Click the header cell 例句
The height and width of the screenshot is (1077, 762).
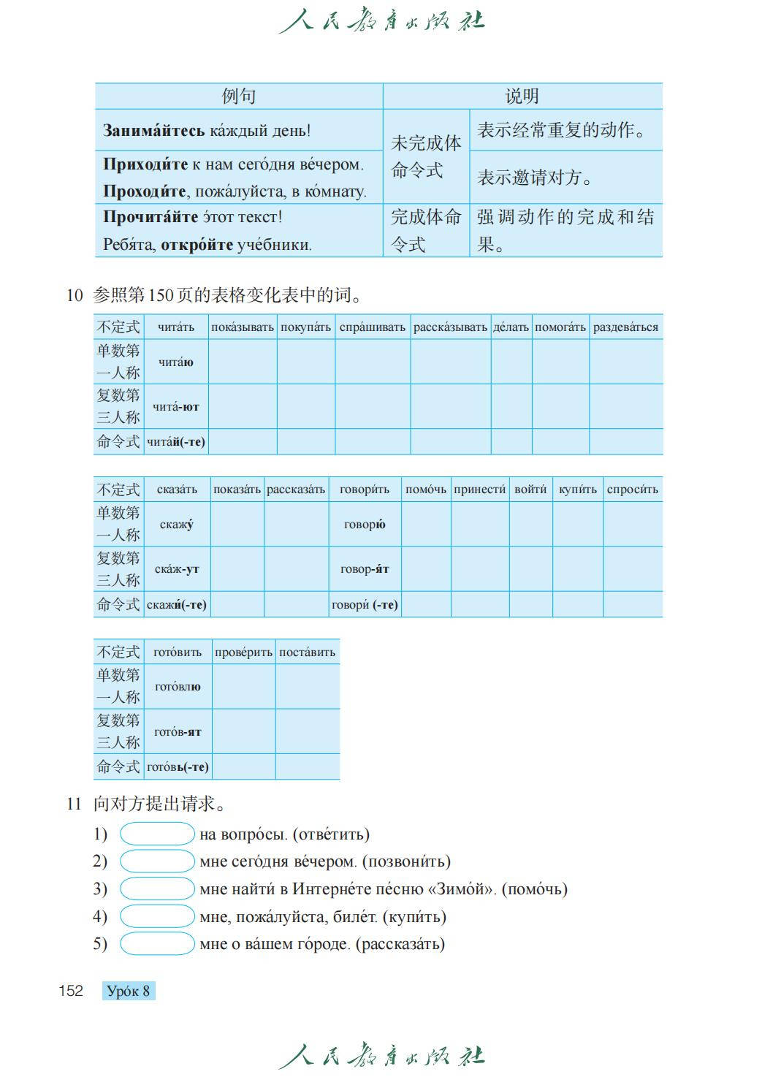point(238,96)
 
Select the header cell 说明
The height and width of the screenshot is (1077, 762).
point(522,96)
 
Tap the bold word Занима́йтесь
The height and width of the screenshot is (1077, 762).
point(154,131)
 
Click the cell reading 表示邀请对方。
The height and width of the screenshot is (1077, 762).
point(536,178)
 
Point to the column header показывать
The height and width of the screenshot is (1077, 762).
point(243,327)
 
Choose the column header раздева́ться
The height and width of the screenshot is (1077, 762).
point(625,327)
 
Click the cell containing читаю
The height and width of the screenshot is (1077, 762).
point(176,362)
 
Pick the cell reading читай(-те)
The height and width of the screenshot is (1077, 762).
point(176,441)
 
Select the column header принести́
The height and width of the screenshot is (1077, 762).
point(479,490)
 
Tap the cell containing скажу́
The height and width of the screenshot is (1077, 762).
point(177,524)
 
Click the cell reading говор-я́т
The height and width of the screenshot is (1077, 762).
point(365,568)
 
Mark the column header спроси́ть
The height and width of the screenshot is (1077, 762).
point(632,490)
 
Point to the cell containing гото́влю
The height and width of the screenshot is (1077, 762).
point(178,687)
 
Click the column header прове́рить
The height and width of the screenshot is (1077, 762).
point(243,652)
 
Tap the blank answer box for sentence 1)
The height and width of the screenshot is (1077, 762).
point(157,834)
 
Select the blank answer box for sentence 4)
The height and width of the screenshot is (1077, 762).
point(157,916)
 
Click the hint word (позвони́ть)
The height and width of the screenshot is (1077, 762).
point(405,861)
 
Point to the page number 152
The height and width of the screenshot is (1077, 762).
point(71,991)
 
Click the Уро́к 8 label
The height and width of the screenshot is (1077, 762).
point(129,991)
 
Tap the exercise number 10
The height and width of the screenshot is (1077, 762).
point(75,295)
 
